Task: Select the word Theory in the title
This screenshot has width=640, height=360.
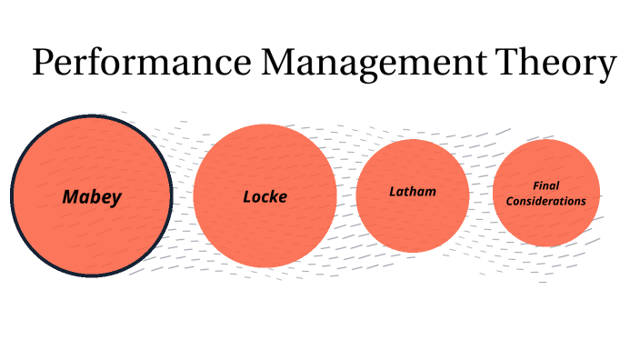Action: [556, 64]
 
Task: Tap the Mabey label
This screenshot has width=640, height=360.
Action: [92, 195]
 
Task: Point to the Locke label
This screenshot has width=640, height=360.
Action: [265, 195]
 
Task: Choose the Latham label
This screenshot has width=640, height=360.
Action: [413, 192]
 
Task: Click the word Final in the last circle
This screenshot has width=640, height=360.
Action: [545, 186]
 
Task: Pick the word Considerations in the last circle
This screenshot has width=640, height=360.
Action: [545, 201]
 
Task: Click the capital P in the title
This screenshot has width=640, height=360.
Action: [44, 64]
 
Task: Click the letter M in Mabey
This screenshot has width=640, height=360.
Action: [70, 195]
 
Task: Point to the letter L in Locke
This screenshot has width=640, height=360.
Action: [248, 195]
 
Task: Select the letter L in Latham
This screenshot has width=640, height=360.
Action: [393, 192]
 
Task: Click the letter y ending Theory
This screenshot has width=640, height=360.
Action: [606, 67]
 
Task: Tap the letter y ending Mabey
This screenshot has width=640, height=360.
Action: [115, 198]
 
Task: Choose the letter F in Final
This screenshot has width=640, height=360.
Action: [535, 186]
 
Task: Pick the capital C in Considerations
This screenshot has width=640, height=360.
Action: [509, 201]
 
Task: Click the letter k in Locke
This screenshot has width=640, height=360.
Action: [274, 195]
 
